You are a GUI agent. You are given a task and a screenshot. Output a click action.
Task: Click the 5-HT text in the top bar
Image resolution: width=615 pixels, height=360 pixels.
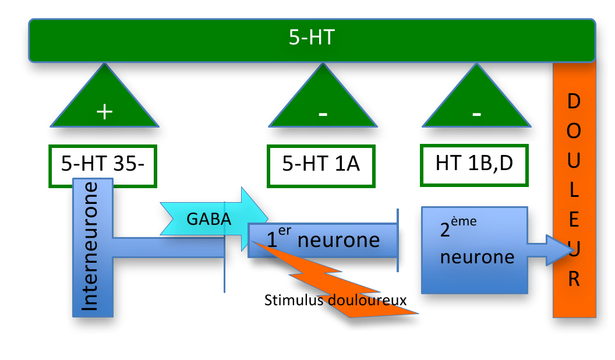coord(312,38)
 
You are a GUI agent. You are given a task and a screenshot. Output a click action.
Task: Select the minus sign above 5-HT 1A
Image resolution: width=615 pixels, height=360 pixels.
coord(323,114)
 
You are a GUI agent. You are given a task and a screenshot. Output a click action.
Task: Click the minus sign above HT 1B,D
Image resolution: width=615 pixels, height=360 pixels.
coord(477,114)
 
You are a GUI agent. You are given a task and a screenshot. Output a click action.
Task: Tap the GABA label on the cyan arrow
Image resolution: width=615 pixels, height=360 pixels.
coord(208,219)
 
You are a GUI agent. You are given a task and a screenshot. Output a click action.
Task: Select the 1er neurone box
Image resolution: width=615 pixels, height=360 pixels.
coord(323,239)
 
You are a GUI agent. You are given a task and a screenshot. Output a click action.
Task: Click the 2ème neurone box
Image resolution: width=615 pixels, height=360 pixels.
coord(474,249)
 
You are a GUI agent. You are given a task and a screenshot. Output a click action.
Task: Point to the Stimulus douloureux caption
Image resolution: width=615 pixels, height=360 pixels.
coord(335,301)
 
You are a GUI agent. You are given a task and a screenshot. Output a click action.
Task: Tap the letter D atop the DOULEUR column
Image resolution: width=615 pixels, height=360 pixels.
coord(574,102)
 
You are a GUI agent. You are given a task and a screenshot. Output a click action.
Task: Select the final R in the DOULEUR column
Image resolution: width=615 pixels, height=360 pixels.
coord(574,281)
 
